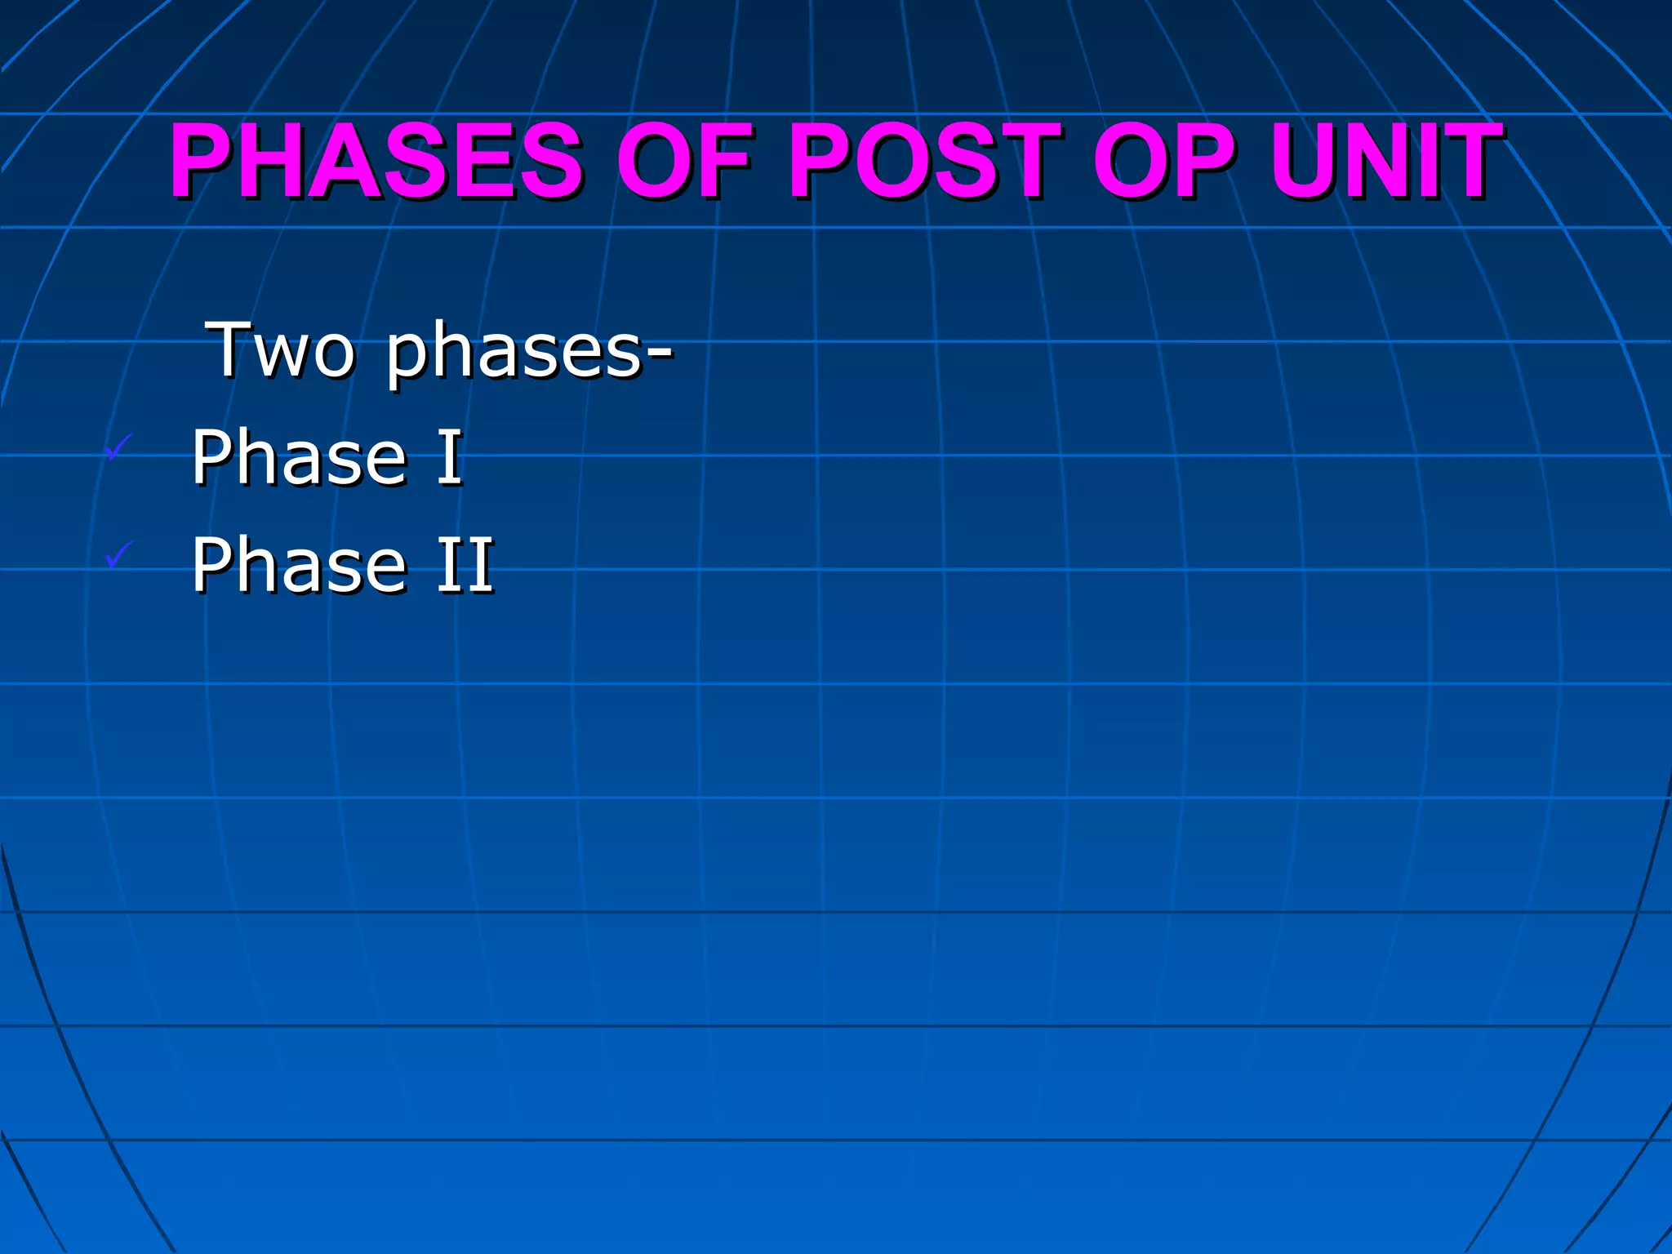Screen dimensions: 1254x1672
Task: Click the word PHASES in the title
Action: (376, 161)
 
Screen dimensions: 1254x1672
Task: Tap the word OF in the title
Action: (684, 161)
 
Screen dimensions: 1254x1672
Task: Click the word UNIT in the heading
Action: (1386, 161)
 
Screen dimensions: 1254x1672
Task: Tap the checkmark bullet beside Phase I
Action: (119, 447)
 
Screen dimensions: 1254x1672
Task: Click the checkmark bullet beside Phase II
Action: (119, 555)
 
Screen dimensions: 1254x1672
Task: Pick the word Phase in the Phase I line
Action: (299, 457)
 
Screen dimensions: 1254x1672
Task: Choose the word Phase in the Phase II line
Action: (299, 565)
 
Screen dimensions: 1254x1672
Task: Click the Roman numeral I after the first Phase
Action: (450, 457)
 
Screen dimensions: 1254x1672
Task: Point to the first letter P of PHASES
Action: (204, 161)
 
